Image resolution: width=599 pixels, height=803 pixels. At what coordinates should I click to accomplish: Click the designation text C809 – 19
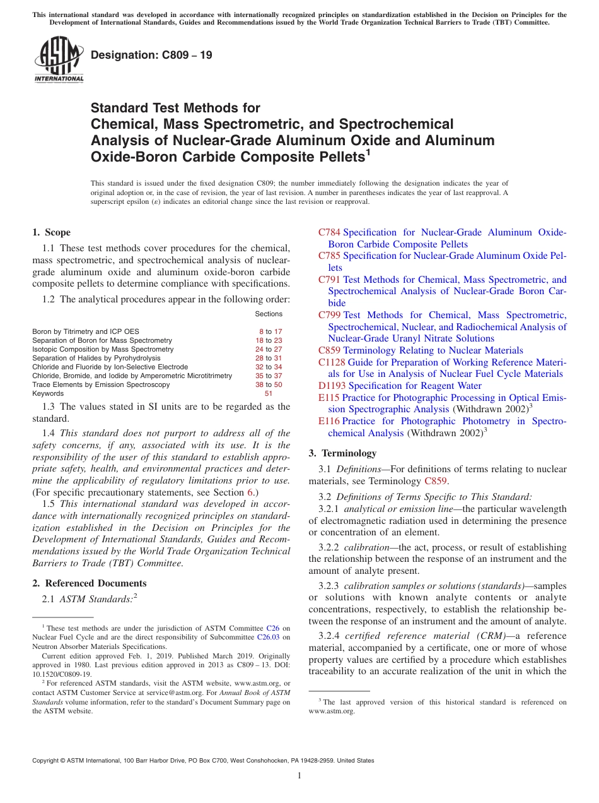tap(151, 56)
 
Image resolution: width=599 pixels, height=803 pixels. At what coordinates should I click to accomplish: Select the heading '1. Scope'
tap(52, 232)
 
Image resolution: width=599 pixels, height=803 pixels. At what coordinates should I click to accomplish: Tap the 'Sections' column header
tap(269, 314)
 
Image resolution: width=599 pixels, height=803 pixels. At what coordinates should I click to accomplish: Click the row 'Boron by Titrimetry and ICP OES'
tap(86, 331)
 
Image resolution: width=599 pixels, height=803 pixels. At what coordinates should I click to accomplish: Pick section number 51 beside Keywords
tap(269, 393)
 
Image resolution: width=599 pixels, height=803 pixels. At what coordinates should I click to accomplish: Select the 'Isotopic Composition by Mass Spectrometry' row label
tap(103, 349)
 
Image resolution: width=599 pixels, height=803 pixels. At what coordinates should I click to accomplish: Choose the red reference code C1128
tap(332, 362)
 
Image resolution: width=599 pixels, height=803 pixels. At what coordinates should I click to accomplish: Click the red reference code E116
tap(329, 421)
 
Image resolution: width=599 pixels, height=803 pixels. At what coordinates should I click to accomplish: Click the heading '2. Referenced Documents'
tap(90, 583)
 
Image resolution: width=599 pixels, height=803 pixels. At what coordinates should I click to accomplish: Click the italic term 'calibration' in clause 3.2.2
tap(366, 547)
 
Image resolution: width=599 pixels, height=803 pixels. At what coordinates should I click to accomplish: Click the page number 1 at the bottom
tap(299, 776)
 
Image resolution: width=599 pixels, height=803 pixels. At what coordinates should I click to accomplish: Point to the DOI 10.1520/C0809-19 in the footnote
tap(62, 674)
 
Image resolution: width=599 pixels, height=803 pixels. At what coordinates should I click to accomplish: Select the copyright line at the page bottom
tap(203, 761)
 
